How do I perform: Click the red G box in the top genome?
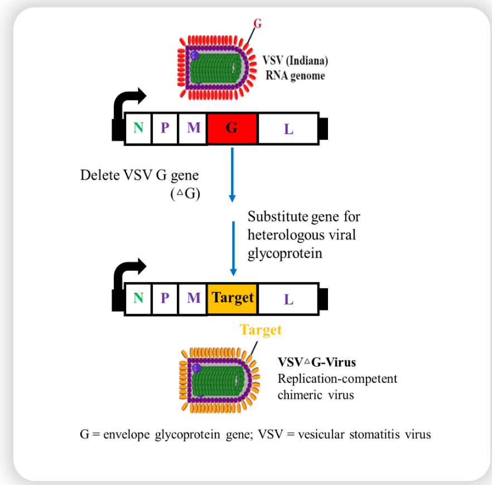231,129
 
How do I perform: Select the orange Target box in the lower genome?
232,298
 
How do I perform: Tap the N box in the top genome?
138,129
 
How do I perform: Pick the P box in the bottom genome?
165,298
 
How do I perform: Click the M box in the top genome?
193,129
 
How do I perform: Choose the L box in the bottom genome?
288,299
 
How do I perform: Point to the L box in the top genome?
288,129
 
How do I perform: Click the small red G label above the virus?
257,23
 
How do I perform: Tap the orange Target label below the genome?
261,330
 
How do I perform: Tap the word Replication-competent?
337,379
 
